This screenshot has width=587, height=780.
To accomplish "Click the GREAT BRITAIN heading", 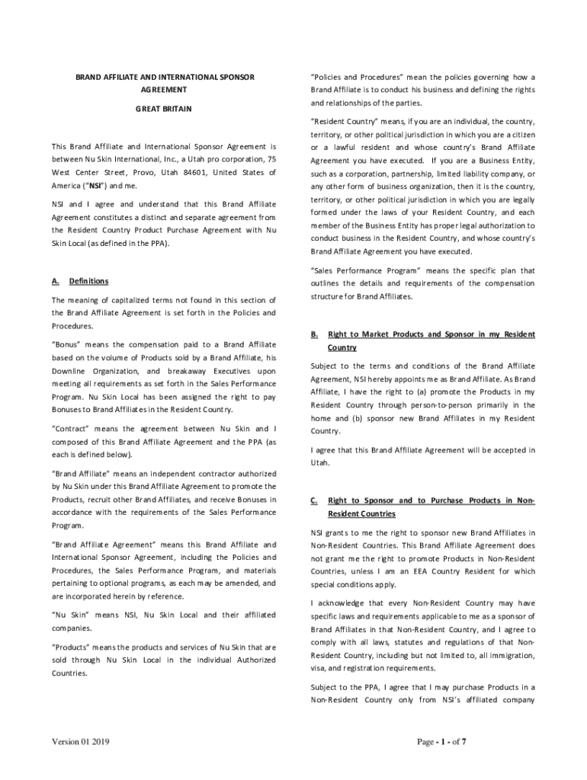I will (x=164, y=109).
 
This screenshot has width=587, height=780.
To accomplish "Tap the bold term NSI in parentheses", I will (x=95, y=185).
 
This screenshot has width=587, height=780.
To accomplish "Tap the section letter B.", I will (x=313, y=334).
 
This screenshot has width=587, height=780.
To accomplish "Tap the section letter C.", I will (x=313, y=500).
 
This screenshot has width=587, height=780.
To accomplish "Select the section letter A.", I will (x=55, y=281).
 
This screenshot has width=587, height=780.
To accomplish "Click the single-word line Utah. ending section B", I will (x=319, y=462).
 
